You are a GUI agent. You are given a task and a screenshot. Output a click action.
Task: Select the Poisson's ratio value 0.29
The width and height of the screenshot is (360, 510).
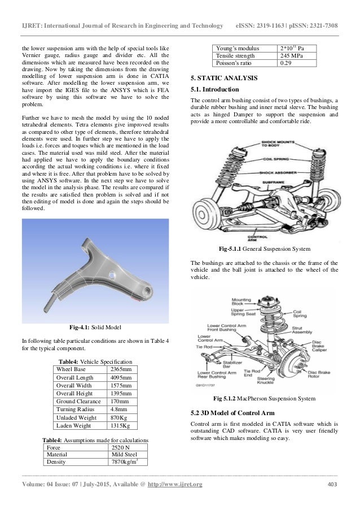coord(287,63)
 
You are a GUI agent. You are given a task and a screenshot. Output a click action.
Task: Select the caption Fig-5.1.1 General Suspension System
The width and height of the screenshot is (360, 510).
coord(265,249)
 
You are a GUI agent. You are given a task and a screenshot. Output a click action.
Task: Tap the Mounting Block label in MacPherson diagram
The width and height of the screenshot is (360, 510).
coord(241,302)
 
